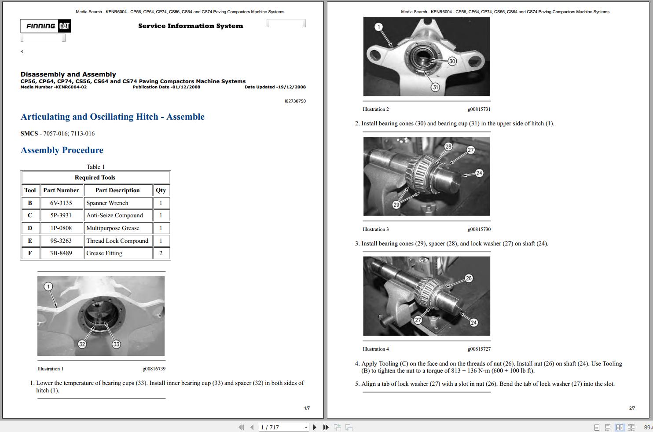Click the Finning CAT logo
(x=45, y=26)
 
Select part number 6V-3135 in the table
(x=61, y=203)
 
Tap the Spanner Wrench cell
(x=107, y=203)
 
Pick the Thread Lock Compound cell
(x=117, y=241)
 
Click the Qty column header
(x=161, y=190)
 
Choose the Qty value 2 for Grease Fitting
(x=161, y=253)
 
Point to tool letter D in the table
(x=30, y=228)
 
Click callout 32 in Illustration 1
(x=82, y=344)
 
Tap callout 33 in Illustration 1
(x=116, y=344)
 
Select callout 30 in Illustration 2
(x=452, y=61)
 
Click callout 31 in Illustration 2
(x=435, y=87)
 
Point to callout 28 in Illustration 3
(x=448, y=146)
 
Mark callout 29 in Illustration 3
(x=396, y=205)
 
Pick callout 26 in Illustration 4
(x=469, y=278)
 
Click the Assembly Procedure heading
(x=62, y=150)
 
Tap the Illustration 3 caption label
(x=375, y=229)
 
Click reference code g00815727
(x=479, y=349)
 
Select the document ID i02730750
(x=295, y=101)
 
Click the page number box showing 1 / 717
(x=284, y=427)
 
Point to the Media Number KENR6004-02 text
(x=54, y=87)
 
